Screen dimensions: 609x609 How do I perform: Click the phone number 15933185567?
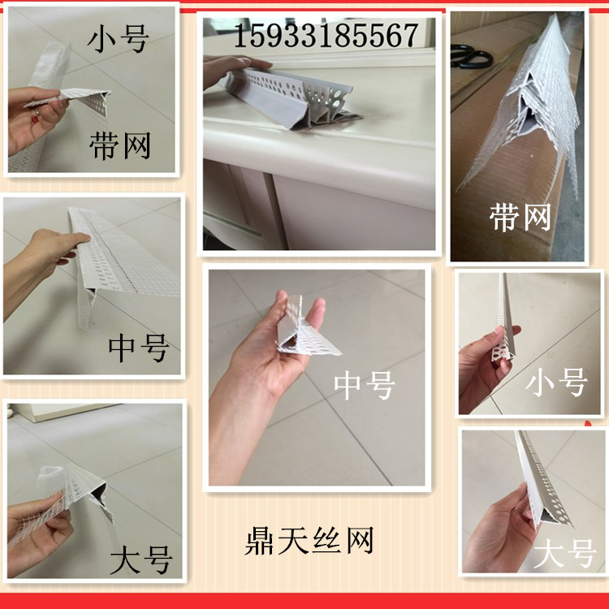coord(326,34)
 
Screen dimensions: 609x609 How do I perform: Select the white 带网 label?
coord(520,217)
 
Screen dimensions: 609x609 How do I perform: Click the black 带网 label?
coord(119,145)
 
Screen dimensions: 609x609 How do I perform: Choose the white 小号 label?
coord(556,381)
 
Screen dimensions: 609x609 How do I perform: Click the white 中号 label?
coord(365,385)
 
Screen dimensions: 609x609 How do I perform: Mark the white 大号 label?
coord(565,556)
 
